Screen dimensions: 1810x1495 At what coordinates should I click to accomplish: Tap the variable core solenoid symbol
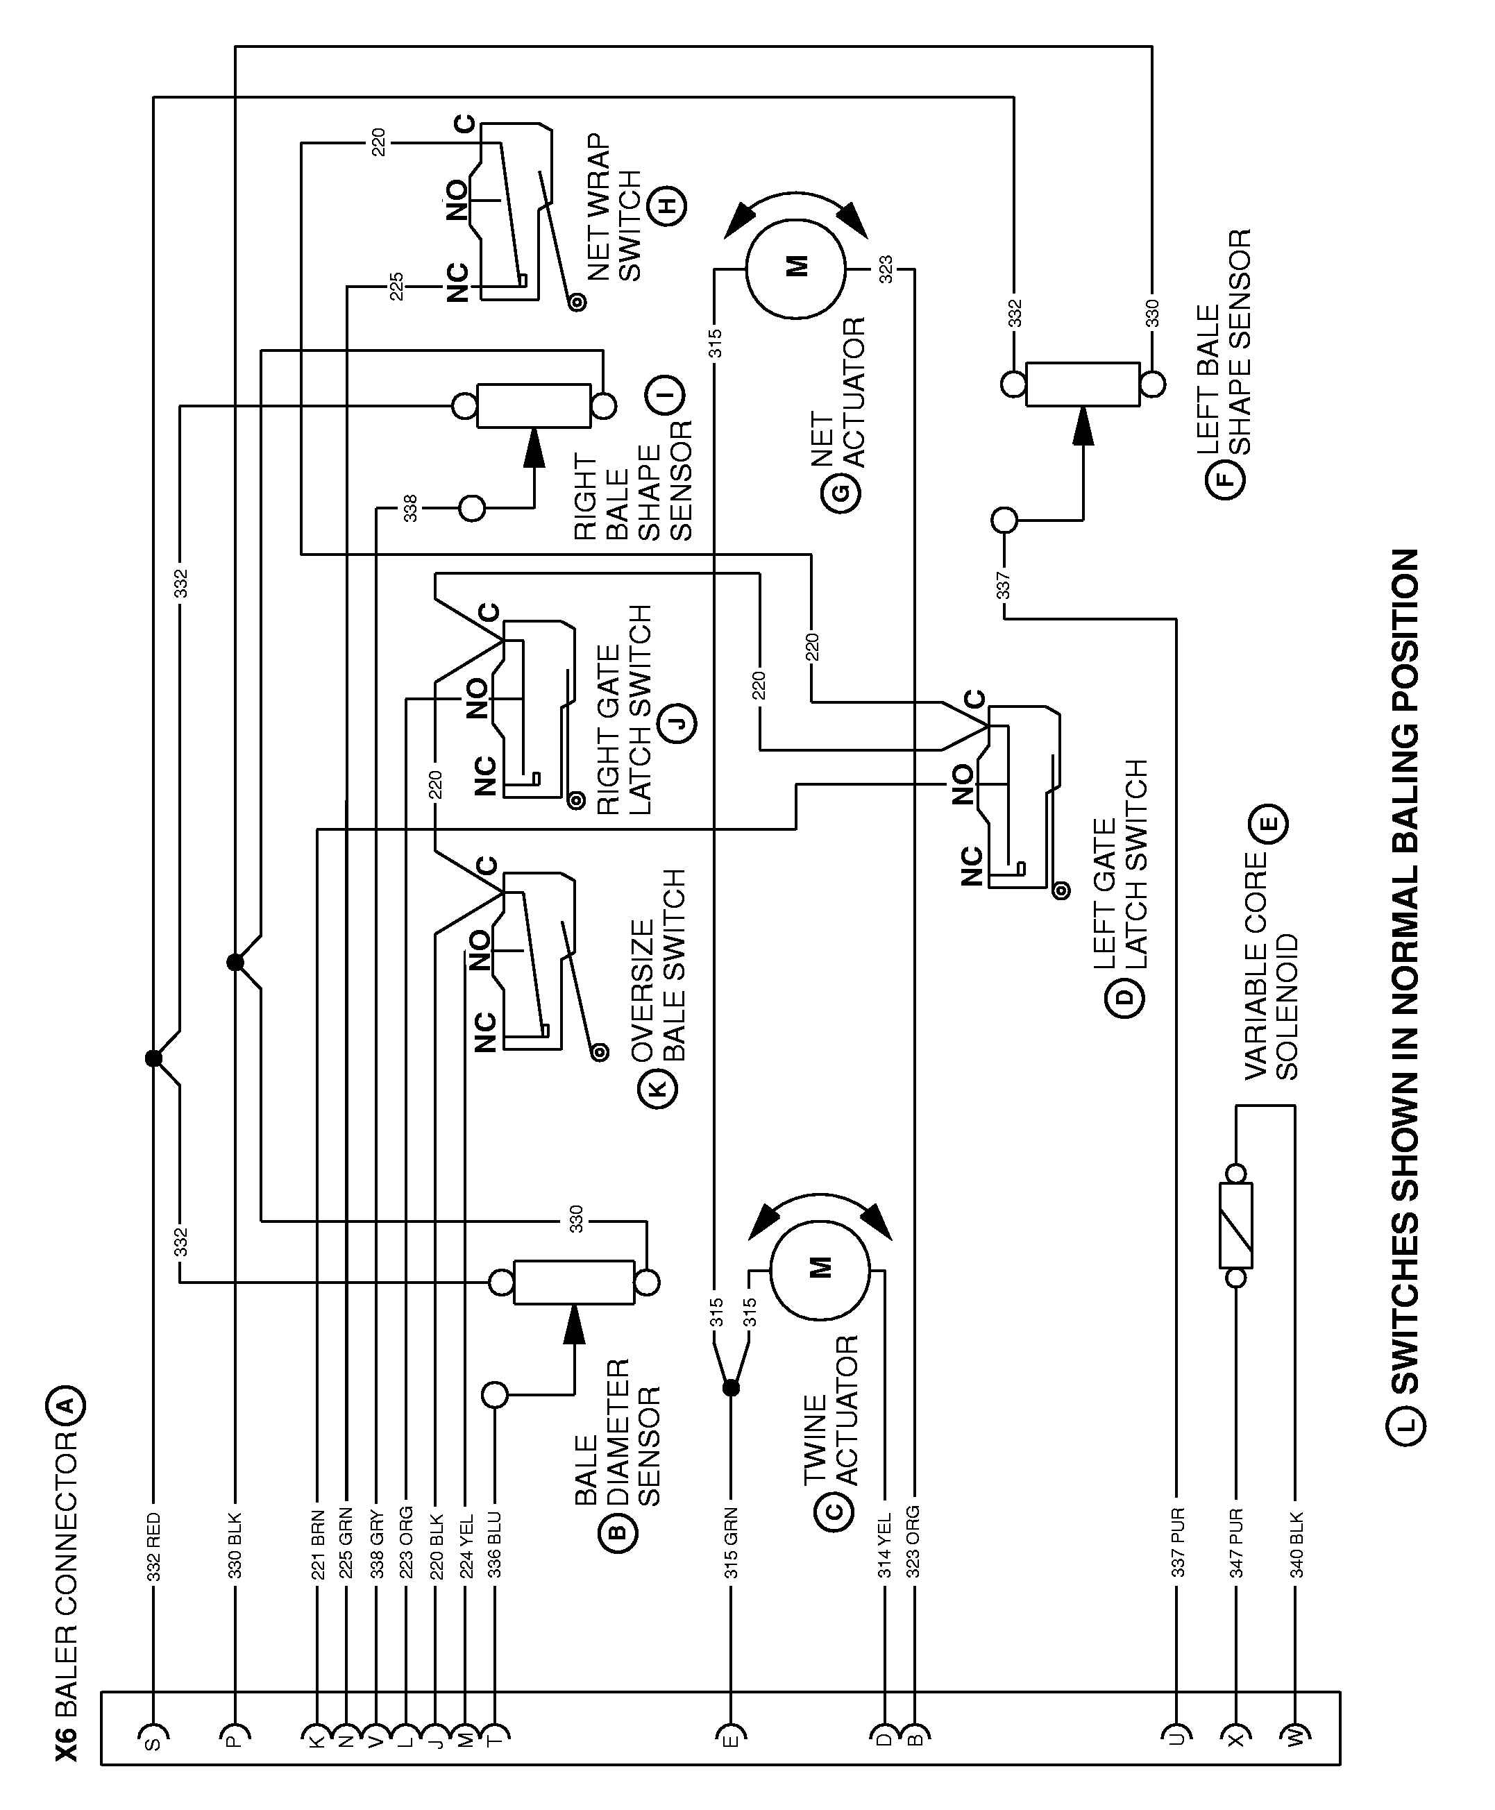point(1236,1224)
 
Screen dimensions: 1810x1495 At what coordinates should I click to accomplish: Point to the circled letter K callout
point(657,1088)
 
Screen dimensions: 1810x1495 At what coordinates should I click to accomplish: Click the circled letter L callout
point(1405,1424)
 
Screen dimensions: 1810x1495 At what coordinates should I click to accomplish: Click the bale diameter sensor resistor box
point(573,1282)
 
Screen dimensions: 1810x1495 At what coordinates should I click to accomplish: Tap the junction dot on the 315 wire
point(730,1388)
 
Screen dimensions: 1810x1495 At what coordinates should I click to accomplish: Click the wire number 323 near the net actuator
point(886,269)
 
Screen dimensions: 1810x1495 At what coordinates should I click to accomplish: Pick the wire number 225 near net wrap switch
point(396,286)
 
